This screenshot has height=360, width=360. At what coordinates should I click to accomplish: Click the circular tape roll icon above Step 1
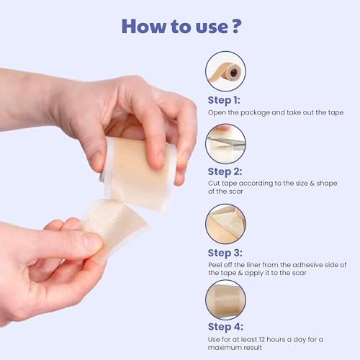(x=225, y=71)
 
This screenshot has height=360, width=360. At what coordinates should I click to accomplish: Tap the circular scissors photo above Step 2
(x=225, y=143)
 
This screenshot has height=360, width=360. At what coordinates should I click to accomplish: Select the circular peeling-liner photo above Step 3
(x=225, y=223)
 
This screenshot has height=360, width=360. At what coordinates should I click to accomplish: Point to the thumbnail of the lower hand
(x=91, y=243)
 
